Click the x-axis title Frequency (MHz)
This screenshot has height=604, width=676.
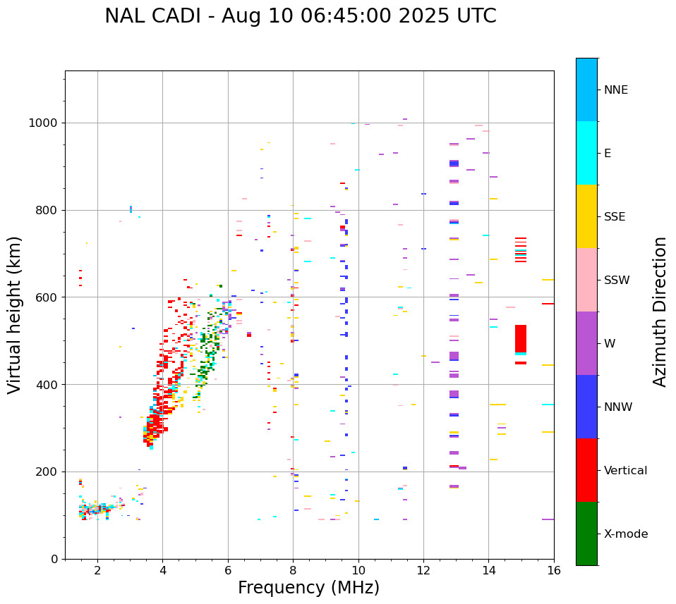tap(308, 588)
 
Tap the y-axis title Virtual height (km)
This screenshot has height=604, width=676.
tap(15, 315)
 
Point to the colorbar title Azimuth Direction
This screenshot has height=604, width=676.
tap(660, 312)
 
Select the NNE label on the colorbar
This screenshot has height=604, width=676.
tap(615, 90)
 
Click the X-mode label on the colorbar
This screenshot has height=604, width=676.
tap(625, 534)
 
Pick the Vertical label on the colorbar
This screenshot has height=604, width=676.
tap(625, 471)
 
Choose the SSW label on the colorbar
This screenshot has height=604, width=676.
tap(617, 281)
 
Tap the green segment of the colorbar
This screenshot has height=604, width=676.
tap(586, 534)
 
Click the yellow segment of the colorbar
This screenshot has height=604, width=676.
tap(586, 216)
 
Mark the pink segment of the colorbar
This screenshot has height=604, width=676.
tap(586, 280)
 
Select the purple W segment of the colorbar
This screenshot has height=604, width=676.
tap(586, 343)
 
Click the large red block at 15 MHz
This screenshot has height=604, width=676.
tap(521, 338)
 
